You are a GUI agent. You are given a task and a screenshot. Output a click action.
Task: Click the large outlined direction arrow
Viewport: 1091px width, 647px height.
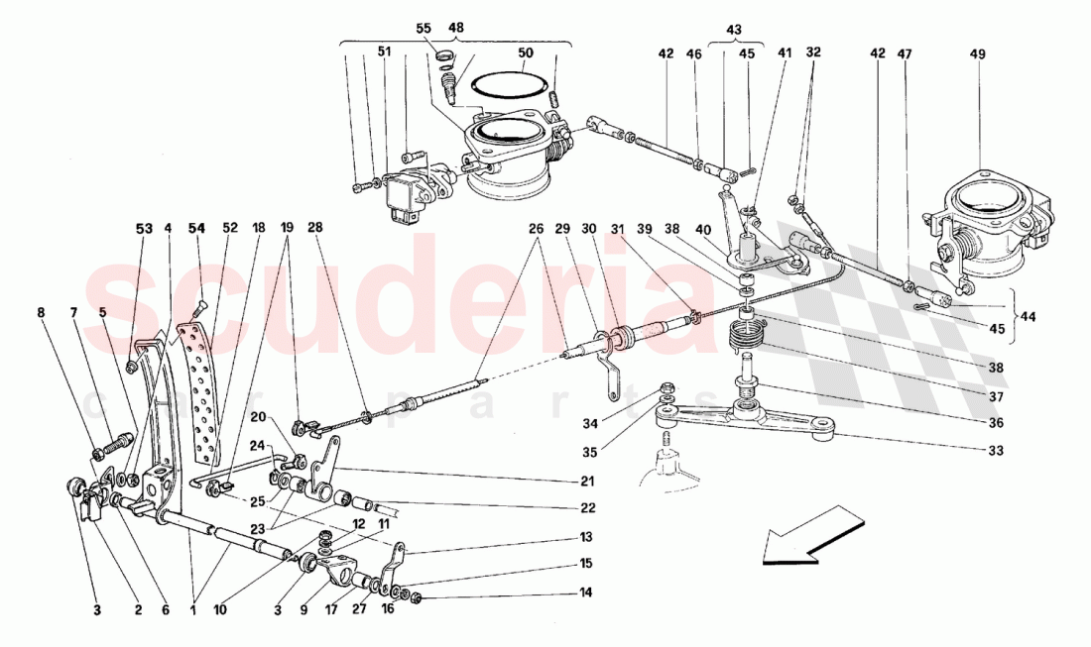[x=808, y=537]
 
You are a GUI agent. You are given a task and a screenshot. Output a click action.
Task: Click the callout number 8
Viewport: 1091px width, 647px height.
[x=42, y=312]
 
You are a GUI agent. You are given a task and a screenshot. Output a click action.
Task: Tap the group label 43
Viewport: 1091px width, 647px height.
[x=733, y=31]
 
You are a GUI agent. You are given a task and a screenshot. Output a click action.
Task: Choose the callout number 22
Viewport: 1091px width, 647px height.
[x=588, y=508]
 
